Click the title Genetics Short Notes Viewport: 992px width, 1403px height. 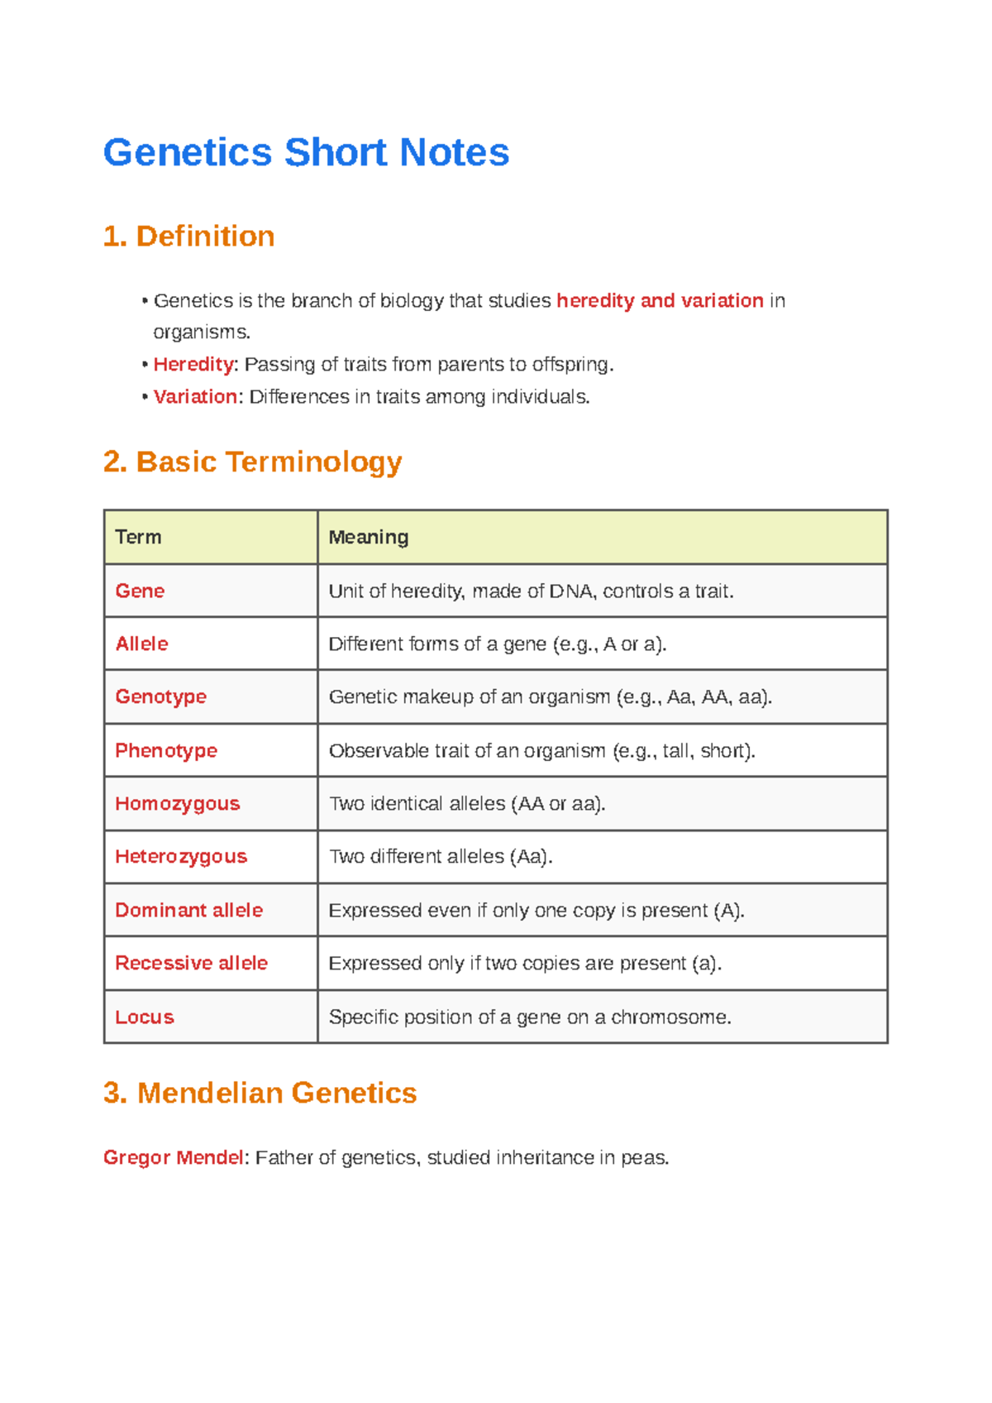tap(306, 152)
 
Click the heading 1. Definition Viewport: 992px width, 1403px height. tap(188, 237)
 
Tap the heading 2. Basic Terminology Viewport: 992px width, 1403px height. tap(252, 462)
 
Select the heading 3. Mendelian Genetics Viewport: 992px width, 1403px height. tap(260, 1093)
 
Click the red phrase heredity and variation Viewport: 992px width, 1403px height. tap(660, 300)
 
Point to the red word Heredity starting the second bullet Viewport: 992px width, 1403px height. tap(193, 364)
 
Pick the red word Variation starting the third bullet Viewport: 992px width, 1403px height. tap(195, 396)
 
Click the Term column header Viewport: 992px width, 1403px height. tap(138, 537)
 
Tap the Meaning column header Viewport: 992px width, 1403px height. tap(369, 537)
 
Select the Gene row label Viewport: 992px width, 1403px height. tap(140, 591)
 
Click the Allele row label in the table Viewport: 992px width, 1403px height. tap(141, 644)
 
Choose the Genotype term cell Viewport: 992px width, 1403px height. tap(160, 697)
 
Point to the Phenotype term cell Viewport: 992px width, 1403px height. tap(166, 750)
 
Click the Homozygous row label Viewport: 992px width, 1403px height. tap(177, 803)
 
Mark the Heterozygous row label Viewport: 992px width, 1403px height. tap(180, 856)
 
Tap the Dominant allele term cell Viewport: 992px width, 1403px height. tap(188, 910)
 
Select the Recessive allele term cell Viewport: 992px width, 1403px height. tap(191, 963)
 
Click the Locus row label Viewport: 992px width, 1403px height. tap(145, 1017)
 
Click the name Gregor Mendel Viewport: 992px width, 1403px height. tap(174, 1157)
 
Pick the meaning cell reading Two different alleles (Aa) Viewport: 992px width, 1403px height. tap(441, 856)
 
